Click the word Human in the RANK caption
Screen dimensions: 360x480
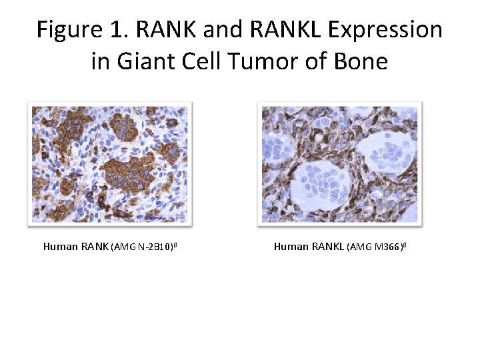click(60, 247)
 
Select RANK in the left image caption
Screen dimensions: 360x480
click(95, 247)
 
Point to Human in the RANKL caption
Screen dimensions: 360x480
click(291, 247)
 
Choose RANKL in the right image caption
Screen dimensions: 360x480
click(328, 247)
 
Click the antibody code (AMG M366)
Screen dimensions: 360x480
click(375, 247)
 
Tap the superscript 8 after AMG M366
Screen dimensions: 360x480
click(405, 245)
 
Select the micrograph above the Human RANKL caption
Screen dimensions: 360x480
click(340, 163)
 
